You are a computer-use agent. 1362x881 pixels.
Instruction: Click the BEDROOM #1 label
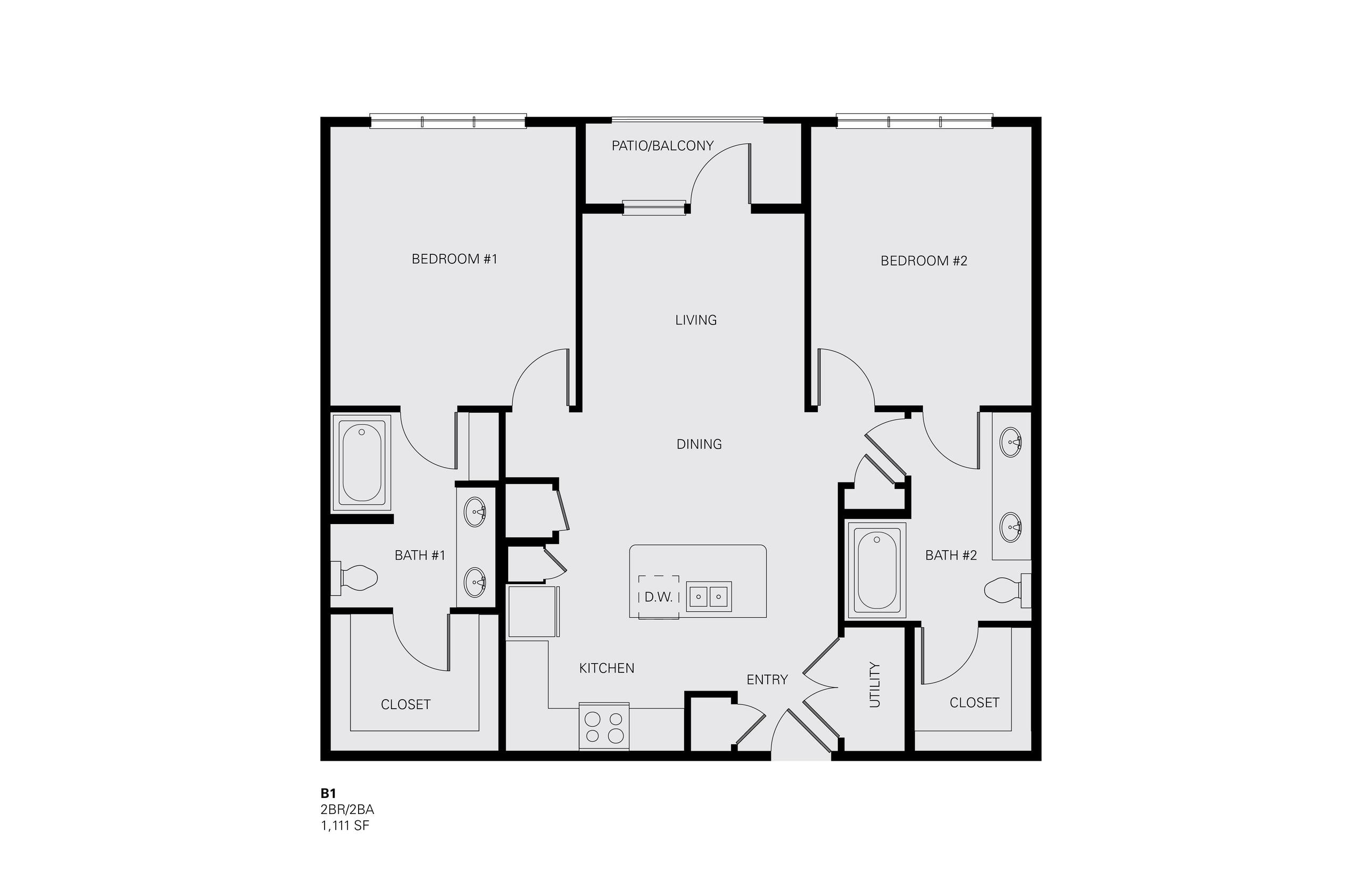(x=454, y=259)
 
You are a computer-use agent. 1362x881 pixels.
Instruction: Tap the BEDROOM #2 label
(x=924, y=261)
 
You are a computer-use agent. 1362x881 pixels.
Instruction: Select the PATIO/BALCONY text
(x=662, y=146)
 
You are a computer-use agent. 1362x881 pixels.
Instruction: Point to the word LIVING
(x=695, y=320)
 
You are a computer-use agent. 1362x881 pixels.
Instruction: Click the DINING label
(x=699, y=444)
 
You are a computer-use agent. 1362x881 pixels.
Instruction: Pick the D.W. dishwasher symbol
(x=659, y=597)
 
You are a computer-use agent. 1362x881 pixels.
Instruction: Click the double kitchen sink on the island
(x=709, y=597)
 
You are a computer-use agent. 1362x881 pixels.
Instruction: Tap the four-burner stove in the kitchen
(x=604, y=726)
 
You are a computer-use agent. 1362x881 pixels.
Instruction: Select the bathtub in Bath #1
(x=362, y=462)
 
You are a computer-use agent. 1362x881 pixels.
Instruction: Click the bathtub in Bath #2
(x=877, y=570)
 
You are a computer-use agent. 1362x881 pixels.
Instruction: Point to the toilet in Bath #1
(x=354, y=577)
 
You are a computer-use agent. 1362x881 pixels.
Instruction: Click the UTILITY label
(x=875, y=685)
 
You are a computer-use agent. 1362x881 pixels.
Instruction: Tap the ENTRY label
(x=767, y=679)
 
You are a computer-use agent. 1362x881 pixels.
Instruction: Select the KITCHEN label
(x=607, y=668)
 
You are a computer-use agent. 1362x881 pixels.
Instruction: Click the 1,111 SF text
(x=345, y=826)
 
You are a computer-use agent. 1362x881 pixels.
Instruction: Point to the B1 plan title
(x=328, y=793)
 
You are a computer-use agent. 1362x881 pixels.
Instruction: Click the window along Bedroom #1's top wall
(x=448, y=121)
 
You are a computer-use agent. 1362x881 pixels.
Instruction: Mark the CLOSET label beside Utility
(x=974, y=702)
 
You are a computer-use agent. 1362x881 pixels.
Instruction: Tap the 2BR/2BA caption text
(x=347, y=810)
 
